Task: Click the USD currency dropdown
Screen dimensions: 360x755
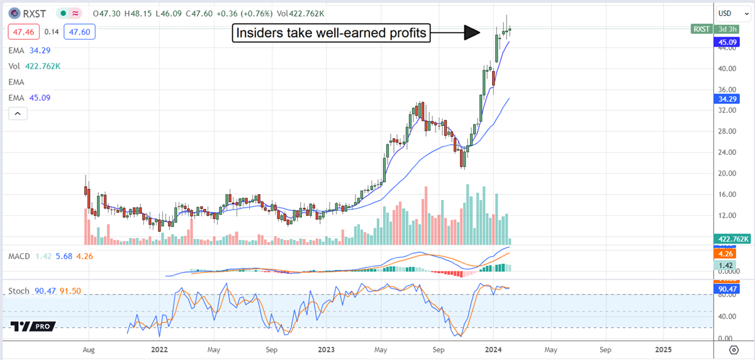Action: [x=729, y=13]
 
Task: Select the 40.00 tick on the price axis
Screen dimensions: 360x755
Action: [x=727, y=69]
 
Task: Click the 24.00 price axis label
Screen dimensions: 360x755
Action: [x=727, y=152]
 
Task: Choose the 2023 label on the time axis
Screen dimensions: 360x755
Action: [x=326, y=349]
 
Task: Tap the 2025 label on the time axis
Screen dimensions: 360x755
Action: [x=663, y=349]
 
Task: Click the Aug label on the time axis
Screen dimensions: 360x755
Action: [x=89, y=349]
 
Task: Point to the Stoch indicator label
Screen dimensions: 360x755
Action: [x=20, y=291]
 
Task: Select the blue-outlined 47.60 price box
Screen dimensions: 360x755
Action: [x=79, y=30]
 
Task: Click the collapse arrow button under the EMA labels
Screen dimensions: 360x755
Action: [x=18, y=113]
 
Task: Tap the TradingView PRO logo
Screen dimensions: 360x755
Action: [x=33, y=327]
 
